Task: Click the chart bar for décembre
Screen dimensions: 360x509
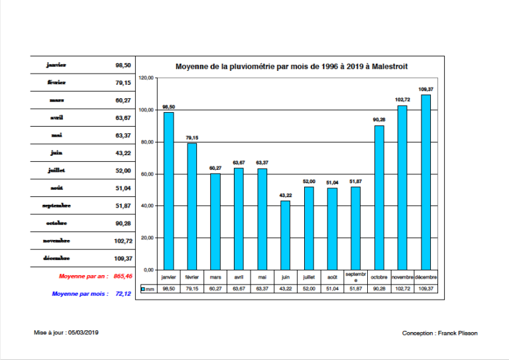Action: pos(425,182)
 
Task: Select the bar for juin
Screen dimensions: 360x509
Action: pos(285,235)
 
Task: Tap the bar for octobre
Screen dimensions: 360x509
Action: pos(379,198)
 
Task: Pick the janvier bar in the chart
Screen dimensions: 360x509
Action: pos(168,191)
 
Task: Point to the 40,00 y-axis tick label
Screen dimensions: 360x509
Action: pos(147,206)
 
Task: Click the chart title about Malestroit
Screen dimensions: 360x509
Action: pos(291,66)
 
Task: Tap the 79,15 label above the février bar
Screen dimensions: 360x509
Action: pos(192,138)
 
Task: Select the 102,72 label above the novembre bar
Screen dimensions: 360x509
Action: pos(402,100)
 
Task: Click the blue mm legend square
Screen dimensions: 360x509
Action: pos(143,289)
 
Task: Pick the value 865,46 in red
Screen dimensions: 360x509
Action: pos(123,276)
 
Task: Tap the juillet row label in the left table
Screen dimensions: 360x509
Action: pos(56,170)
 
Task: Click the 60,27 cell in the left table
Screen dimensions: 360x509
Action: pos(123,100)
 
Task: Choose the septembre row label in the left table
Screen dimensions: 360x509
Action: pos(56,206)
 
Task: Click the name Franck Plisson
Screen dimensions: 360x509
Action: pos(457,333)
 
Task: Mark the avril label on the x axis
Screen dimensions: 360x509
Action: pos(239,277)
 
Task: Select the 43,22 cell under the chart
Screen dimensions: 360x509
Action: pos(285,289)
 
